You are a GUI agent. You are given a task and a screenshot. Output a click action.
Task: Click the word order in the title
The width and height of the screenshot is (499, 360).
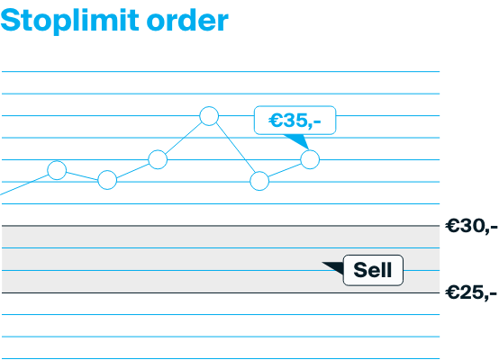(x=191, y=20)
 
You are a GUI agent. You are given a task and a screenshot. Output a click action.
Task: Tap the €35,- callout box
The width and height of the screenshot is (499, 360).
(x=295, y=120)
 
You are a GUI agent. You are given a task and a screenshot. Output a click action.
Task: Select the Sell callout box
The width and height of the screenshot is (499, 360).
(x=373, y=270)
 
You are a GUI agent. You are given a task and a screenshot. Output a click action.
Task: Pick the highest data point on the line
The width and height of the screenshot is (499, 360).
(x=209, y=115)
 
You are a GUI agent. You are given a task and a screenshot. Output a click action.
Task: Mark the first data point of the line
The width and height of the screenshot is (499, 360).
(x=57, y=170)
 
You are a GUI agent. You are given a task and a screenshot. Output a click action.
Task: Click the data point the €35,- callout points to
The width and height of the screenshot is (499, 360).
(x=310, y=159)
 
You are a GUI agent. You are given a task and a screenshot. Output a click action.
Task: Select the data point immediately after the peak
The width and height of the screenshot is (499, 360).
(x=259, y=181)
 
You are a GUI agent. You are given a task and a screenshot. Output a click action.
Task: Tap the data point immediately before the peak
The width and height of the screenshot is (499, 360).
(x=158, y=159)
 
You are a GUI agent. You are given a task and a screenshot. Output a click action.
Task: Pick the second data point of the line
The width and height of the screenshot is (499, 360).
(x=107, y=180)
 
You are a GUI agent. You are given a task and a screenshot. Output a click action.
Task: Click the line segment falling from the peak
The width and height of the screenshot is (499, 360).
(x=234, y=148)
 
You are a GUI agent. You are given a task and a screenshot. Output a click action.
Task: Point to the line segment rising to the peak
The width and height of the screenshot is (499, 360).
(x=183, y=138)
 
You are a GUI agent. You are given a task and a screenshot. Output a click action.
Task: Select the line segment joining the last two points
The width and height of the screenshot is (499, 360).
(x=285, y=170)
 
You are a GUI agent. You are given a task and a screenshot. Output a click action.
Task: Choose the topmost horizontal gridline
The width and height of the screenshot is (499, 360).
(x=221, y=71)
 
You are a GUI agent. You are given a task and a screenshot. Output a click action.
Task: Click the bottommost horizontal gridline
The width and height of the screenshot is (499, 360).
(x=221, y=358)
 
